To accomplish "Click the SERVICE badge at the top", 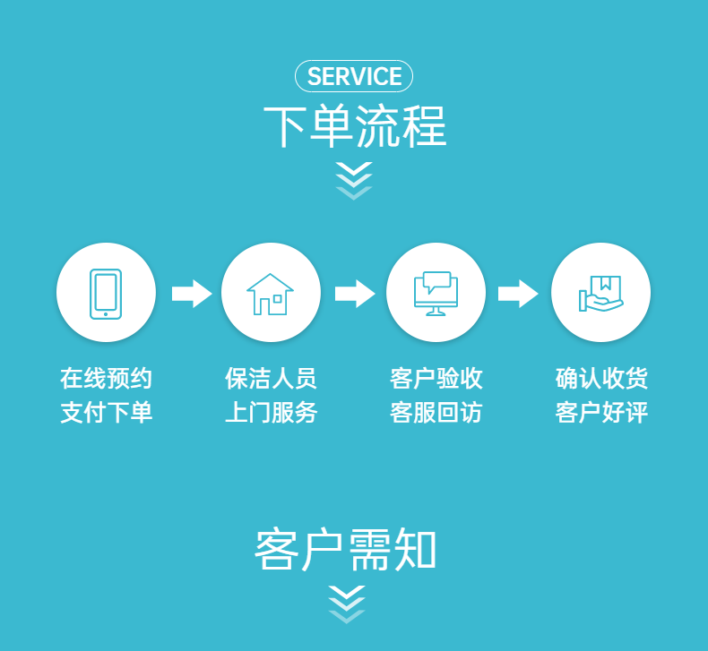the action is pyautogui.click(x=354, y=77).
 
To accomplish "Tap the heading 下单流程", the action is pyautogui.click(x=354, y=126).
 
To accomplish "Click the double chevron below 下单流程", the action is pyautogui.click(x=354, y=180).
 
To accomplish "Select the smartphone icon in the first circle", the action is pyautogui.click(x=106, y=293).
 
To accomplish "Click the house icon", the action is pyautogui.click(x=271, y=293).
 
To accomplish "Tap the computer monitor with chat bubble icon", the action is pyautogui.click(x=436, y=293).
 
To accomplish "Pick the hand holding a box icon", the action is pyautogui.click(x=600, y=293).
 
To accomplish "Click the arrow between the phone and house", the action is pyautogui.click(x=191, y=293).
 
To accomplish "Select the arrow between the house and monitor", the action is pyautogui.click(x=354, y=293).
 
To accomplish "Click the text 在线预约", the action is pyautogui.click(x=107, y=379).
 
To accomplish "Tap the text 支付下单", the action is pyautogui.click(x=107, y=413).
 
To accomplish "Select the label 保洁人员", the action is pyautogui.click(x=271, y=379).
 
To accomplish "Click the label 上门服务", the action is pyautogui.click(x=271, y=413).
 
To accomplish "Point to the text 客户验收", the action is pyautogui.click(x=436, y=379).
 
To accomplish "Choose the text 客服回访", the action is pyautogui.click(x=436, y=413).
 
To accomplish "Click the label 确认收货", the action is pyautogui.click(x=601, y=379).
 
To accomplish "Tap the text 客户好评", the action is pyautogui.click(x=601, y=413).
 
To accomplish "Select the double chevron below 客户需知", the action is pyautogui.click(x=347, y=603).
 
